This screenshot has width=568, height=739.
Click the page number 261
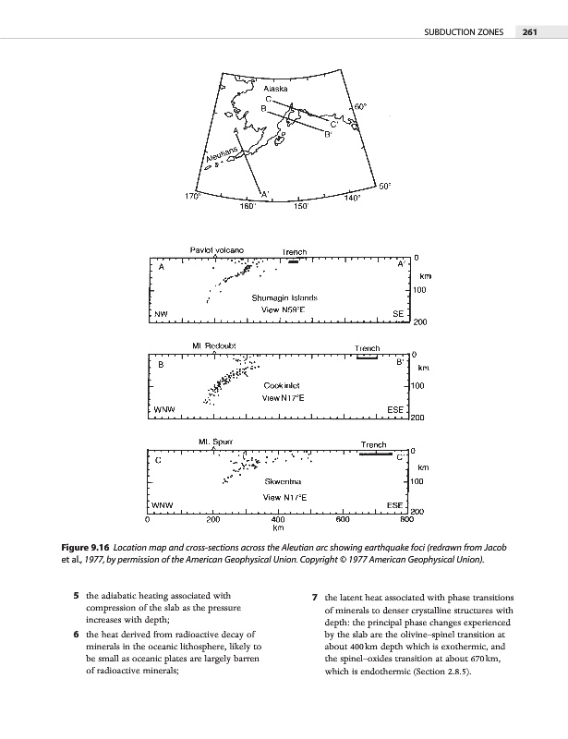coord(529,32)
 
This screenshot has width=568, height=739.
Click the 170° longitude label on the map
coord(192,195)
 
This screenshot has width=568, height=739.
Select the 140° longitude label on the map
coord(351,198)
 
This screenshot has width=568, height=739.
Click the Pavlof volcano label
coord(216,249)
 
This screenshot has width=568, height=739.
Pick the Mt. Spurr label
coord(214,441)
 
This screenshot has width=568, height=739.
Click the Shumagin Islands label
coord(284,298)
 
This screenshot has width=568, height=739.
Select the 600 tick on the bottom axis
coord(342,521)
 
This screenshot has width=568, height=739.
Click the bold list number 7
coord(316,596)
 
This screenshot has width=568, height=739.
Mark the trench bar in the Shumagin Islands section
coord(294,262)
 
